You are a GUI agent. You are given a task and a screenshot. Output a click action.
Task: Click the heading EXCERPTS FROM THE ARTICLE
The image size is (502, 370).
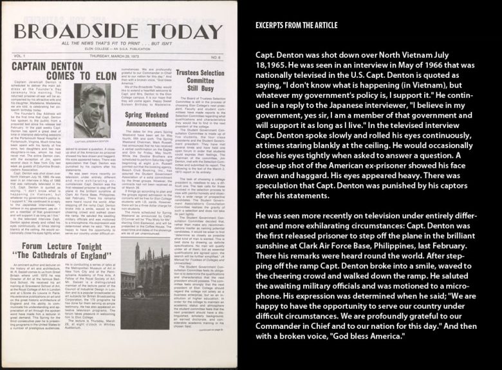click(297, 26)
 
